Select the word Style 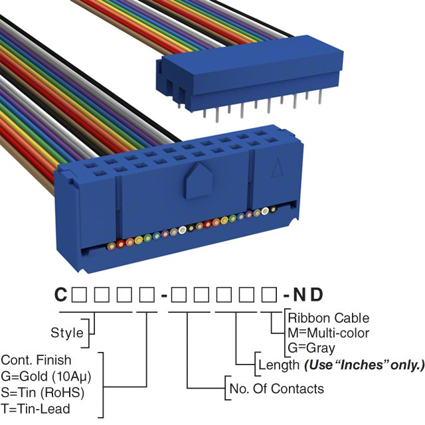(x=67, y=332)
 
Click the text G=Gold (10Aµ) (x=46, y=376)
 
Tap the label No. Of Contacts (x=276, y=388)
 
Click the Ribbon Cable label (x=328, y=318)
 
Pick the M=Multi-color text (x=328, y=333)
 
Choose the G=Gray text (x=311, y=347)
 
